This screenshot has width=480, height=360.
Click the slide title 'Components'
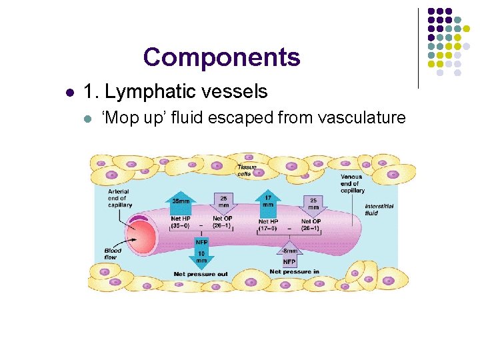pyautogui.click(x=221, y=57)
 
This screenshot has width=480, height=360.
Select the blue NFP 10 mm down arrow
pyautogui.click(x=201, y=253)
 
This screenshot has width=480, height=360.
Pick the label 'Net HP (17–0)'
pyautogui.click(x=269, y=225)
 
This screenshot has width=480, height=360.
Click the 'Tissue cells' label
pyautogui.click(x=247, y=170)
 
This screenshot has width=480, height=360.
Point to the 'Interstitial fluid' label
pyautogui.click(x=379, y=209)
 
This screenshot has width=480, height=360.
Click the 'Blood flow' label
pyautogui.click(x=113, y=254)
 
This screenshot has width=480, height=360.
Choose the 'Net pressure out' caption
pyautogui.click(x=201, y=274)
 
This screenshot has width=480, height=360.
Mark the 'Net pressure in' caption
pyautogui.click(x=294, y=272)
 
